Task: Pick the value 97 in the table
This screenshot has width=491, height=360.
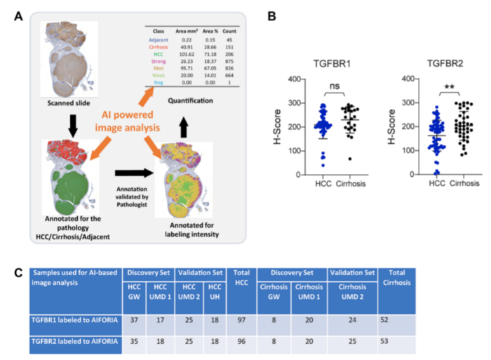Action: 241,321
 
